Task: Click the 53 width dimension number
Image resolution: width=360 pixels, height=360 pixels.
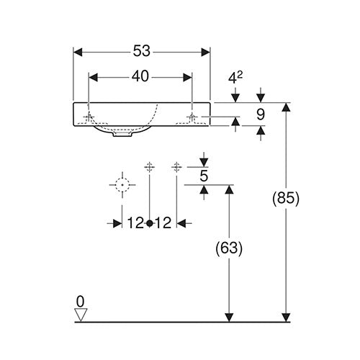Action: (x=142, y=51)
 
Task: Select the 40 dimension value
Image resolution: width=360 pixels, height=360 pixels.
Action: (x=140, y=76)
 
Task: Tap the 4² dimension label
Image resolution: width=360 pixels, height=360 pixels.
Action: (x=235, y=77)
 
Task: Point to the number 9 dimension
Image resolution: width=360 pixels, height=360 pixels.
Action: (x=261, y=114)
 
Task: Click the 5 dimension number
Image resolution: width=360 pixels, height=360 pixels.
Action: (x=204, y=176)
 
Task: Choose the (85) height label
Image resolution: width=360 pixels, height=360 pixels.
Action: (x=286, y=199)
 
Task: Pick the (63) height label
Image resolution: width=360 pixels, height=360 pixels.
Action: (x=229, y=248)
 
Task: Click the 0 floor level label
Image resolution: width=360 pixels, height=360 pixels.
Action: (x=81, y=302)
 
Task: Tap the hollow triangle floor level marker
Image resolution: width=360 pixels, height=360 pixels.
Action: (x=81, y=315)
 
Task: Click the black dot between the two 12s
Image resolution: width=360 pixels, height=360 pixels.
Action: (x=150, y=223)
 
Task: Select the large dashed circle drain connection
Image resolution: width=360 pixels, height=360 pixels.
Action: (x=122, y=185)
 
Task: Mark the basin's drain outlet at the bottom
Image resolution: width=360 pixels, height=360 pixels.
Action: (x=122, y=134)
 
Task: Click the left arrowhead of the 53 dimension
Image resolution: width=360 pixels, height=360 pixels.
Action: (x=78, y=52)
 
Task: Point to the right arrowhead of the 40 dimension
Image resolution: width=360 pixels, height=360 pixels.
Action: (x=187, y=78)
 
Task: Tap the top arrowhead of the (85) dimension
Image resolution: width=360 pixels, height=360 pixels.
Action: (x=286, y=107)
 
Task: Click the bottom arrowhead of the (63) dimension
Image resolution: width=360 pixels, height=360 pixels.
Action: (x=230, y=318)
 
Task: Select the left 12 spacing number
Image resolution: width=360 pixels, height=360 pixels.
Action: (x=135, y=223)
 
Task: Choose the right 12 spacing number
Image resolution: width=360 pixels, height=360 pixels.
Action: (x=163, y=223)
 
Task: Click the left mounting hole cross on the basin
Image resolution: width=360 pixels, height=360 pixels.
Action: (x=89, y=117)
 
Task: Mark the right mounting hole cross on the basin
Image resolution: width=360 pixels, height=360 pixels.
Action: (x=192, y=117)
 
